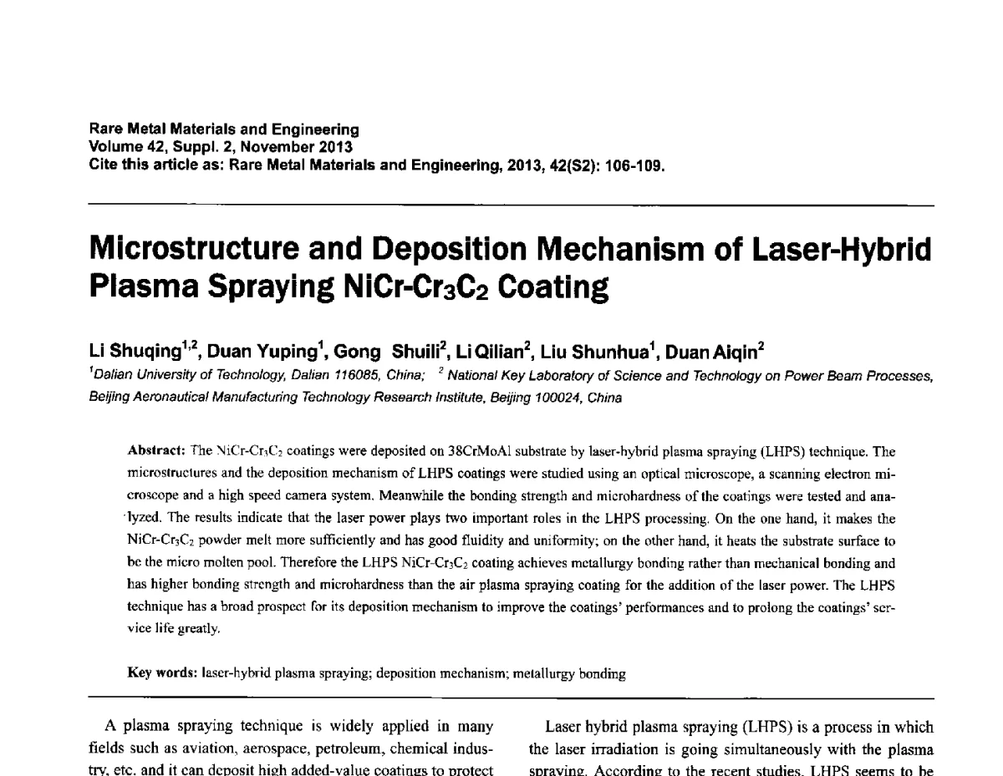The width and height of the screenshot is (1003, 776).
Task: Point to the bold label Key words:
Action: pos(162,672)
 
